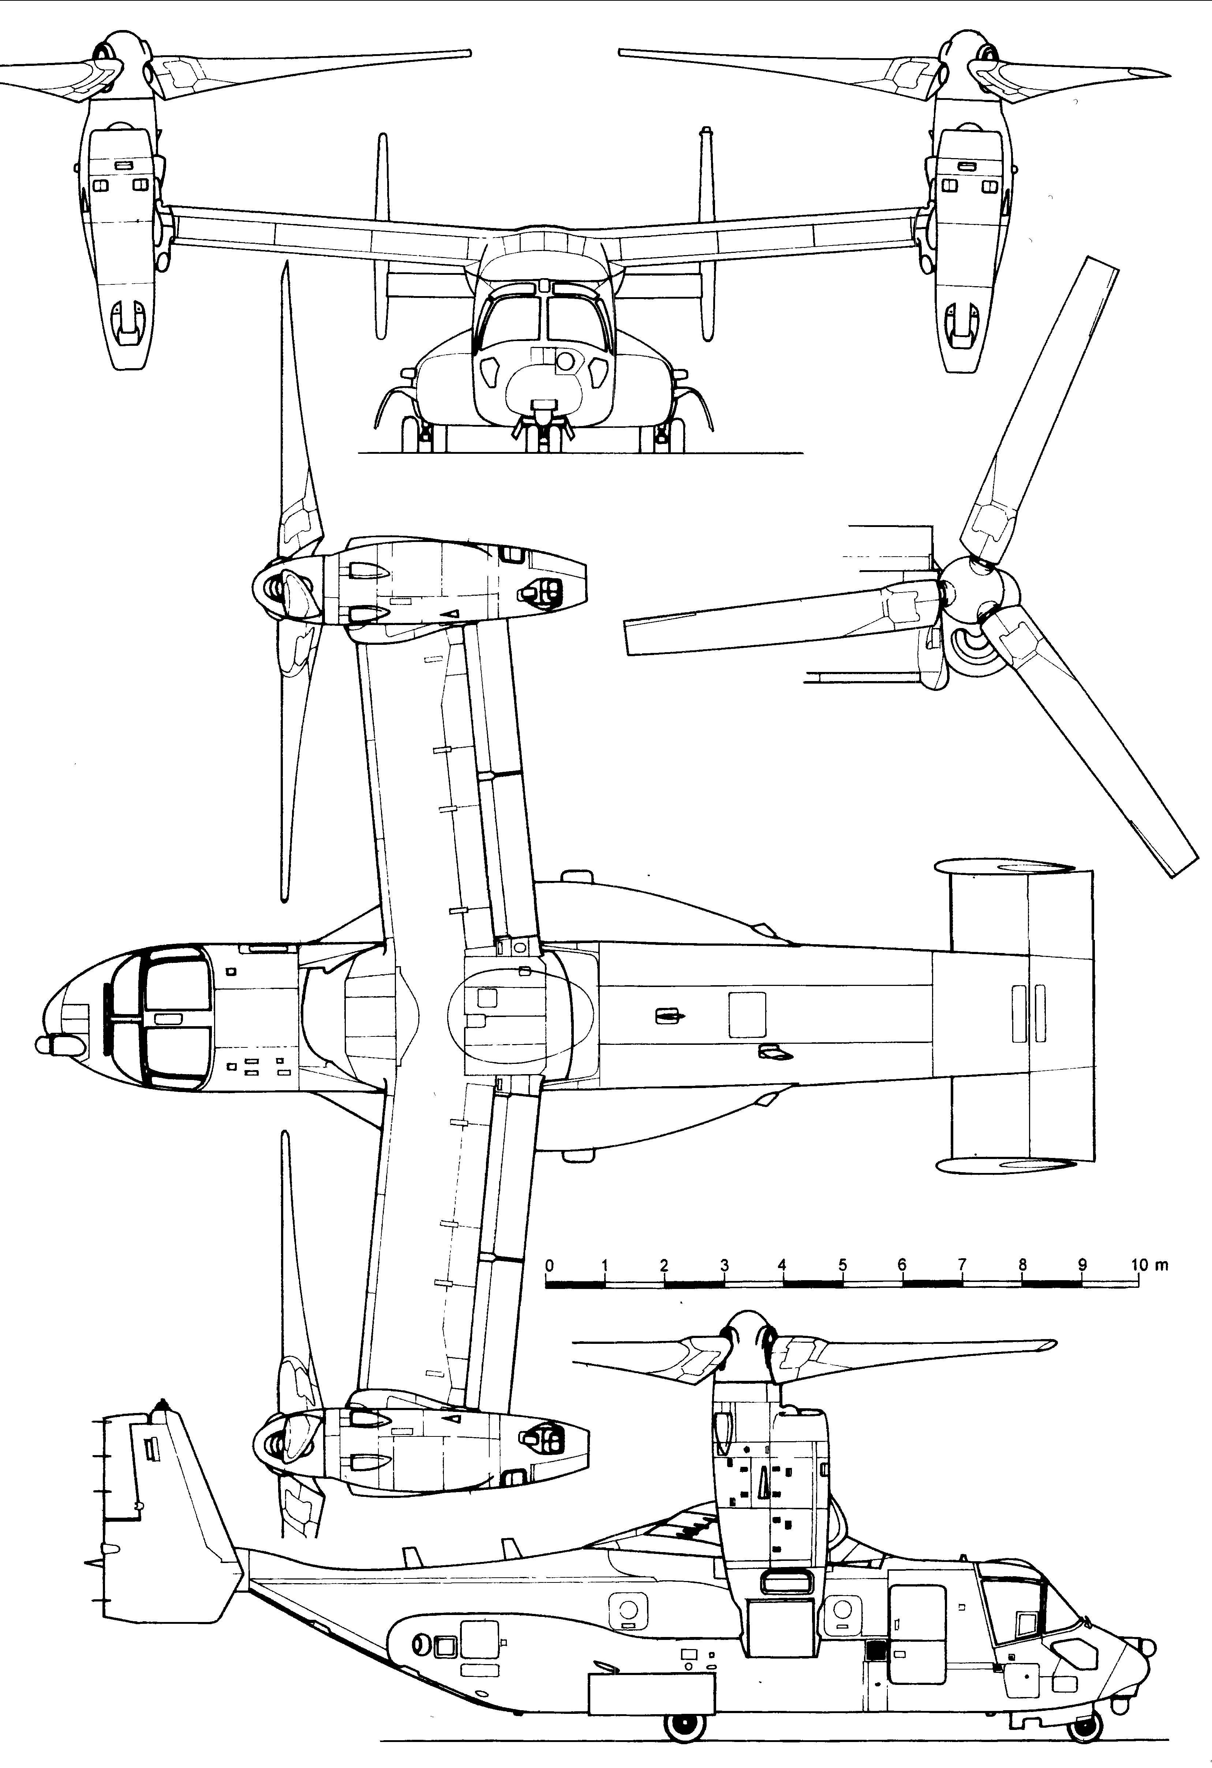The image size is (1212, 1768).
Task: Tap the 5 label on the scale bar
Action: (842, 1265)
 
